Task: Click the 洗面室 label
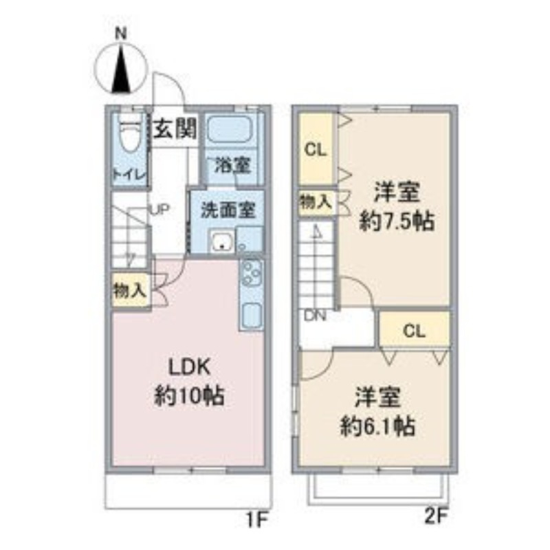pos(228,210)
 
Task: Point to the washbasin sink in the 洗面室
pos(221,241)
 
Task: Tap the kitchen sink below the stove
pos(251,314)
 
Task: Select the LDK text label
pos(190,367)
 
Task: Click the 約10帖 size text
pos(190,396)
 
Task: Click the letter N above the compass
pos(121,34)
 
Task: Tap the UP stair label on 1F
pos(160,210)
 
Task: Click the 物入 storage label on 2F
pos(316,202)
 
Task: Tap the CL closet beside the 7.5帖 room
pos(316,150)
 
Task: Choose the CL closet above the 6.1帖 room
pos(415,331)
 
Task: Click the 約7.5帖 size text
pos(397,221)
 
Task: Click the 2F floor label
pos(437,516)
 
